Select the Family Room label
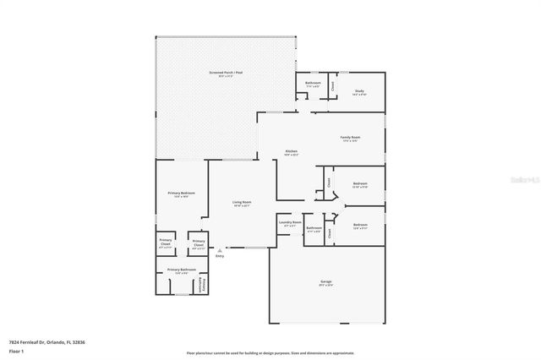[351, 139]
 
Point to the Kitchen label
[292, 152]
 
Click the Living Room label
[242, 203]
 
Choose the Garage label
[325, 284]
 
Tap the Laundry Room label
[290, 224]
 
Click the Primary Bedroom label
[182, 194]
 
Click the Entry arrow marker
[220, 250]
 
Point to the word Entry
[220, 257]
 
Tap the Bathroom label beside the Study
[312, 84]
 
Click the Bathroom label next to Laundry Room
[314, 228]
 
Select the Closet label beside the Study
[333, 86]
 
